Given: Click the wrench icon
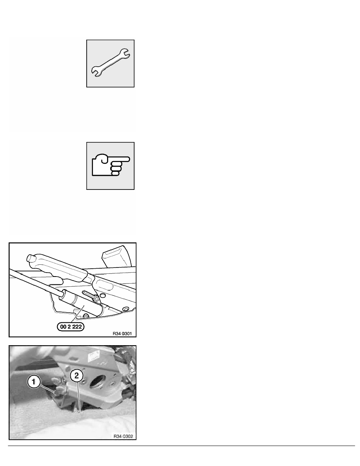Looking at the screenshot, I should [111, 63].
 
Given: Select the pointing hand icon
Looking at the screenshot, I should [111, 166].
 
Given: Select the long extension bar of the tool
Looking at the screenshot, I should [31, 280].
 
